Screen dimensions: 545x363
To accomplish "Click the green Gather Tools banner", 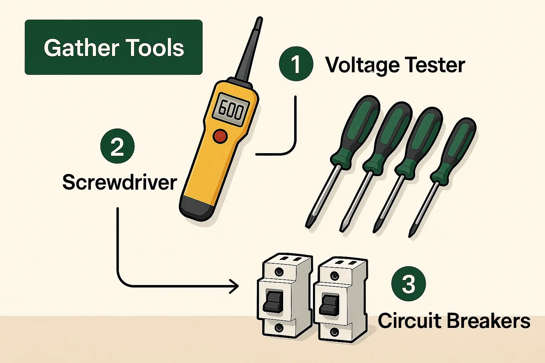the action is tap(114, 47).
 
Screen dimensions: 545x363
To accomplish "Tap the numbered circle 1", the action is tap(296, 64).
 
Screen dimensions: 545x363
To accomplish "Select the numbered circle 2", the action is tap(117, 146).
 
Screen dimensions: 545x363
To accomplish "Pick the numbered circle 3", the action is tap(409, 284).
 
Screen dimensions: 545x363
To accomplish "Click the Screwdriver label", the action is tap(120, 182).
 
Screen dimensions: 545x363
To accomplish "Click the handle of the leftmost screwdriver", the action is tap(355, 129).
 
